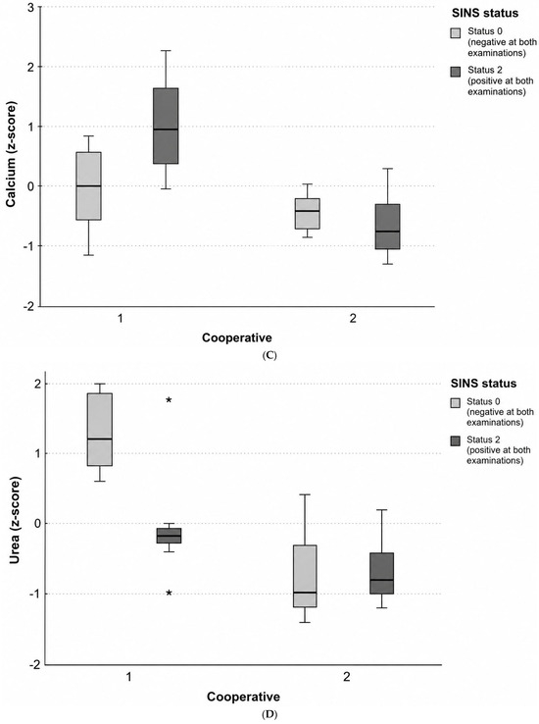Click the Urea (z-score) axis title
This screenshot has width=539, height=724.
point(15,522)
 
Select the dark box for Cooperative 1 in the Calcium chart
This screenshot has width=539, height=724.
point(166,126)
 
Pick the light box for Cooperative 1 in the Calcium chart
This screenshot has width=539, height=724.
point(89,185)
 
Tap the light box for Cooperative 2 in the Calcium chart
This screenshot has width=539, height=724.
point(308,213)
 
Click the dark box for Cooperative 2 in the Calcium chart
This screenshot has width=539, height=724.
point(387,227)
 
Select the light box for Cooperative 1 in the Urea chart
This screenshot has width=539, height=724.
point(100,430)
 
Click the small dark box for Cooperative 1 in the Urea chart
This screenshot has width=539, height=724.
point(169,535)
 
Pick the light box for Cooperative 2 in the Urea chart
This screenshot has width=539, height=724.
point(305,576)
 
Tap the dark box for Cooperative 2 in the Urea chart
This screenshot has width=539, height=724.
point(382,573)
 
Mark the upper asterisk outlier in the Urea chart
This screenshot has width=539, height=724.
point(169,400)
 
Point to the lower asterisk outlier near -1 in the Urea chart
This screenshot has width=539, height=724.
point(169,593)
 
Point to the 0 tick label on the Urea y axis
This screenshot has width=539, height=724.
point(38,523)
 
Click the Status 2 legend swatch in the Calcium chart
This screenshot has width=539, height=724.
point(456,72)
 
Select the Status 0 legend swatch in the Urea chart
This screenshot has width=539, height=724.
point(455,403)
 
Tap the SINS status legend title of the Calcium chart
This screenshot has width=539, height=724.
point(484,13)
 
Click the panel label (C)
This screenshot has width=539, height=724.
point(269,355)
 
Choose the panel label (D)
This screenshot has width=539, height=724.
point(269,715)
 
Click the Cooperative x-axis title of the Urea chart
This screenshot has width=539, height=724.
point(243,697)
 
